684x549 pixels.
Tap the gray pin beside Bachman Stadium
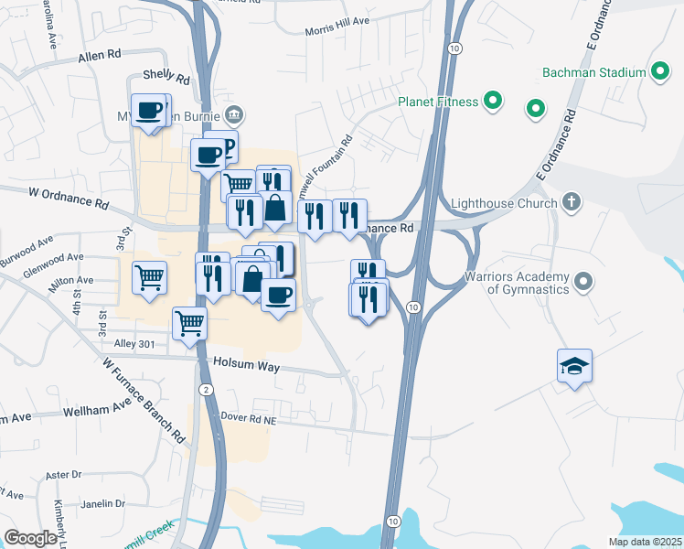pos(661,72)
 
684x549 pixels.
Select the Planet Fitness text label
pos(438,102)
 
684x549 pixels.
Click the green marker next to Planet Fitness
pos(494,102)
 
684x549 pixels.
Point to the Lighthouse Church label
pos(505,202)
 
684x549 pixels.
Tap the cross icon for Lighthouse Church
pos(571,201)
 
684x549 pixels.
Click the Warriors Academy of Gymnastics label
pos(516,283)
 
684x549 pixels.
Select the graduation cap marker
pos(574,367)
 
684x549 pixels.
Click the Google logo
pos(30,537)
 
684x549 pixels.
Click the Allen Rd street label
pos(99,56)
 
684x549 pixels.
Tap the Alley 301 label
pos(134,343)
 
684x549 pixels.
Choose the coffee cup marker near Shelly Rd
pos(149,112)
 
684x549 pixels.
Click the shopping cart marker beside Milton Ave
pos(149,276)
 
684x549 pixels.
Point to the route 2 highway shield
pos(208,390)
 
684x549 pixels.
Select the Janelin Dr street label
pos(102,503)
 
